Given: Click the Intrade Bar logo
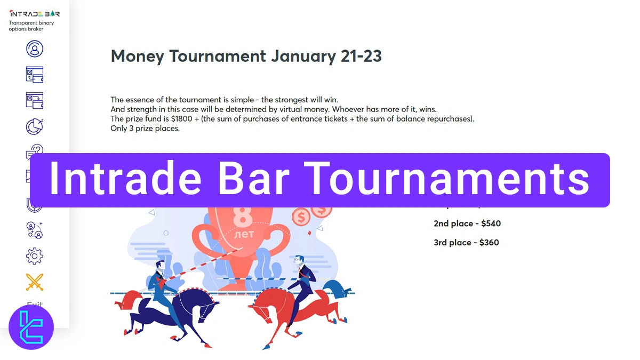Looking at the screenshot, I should pos(34,14).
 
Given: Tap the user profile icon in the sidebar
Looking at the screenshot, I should pos(35,49).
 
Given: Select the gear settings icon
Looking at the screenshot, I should pos(35,256).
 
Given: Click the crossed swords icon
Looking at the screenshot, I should pos(35,282).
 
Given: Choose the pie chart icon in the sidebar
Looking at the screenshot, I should pos(35,126).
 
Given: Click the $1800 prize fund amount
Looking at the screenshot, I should pos(182,119).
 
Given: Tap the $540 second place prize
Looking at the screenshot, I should pos(490,223).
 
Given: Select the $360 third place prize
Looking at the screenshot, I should pos(489,243).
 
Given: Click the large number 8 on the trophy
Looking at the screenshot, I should pos(243,218).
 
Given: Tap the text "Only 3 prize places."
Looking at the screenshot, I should pos(145,129).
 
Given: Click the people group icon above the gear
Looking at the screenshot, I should pos(35,230).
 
